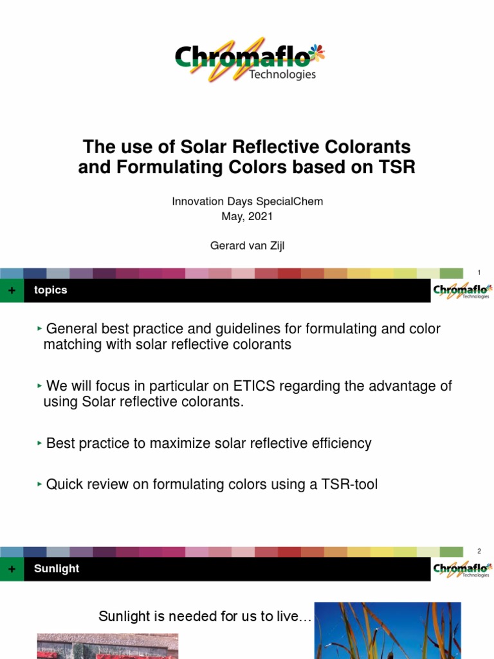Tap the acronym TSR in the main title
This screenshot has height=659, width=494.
coord(397,167)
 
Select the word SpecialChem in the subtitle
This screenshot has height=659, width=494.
coord(293,201)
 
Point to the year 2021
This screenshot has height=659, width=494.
coord(261,217)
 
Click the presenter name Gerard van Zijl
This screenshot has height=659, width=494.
coord(247,245)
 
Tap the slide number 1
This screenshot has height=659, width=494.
coord(479,272)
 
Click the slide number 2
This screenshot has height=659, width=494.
coord(479,551)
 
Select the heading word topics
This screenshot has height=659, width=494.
coord(51,290)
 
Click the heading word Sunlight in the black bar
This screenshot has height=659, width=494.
coord(57,569)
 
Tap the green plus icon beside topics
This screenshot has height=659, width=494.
coord(11,291)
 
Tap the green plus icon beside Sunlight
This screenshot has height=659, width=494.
coord(11,570)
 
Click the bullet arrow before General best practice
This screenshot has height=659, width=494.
coord(40,328)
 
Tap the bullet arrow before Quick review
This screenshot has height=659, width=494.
coord(40,484)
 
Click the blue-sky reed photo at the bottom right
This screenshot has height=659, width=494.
coord(387,631)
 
